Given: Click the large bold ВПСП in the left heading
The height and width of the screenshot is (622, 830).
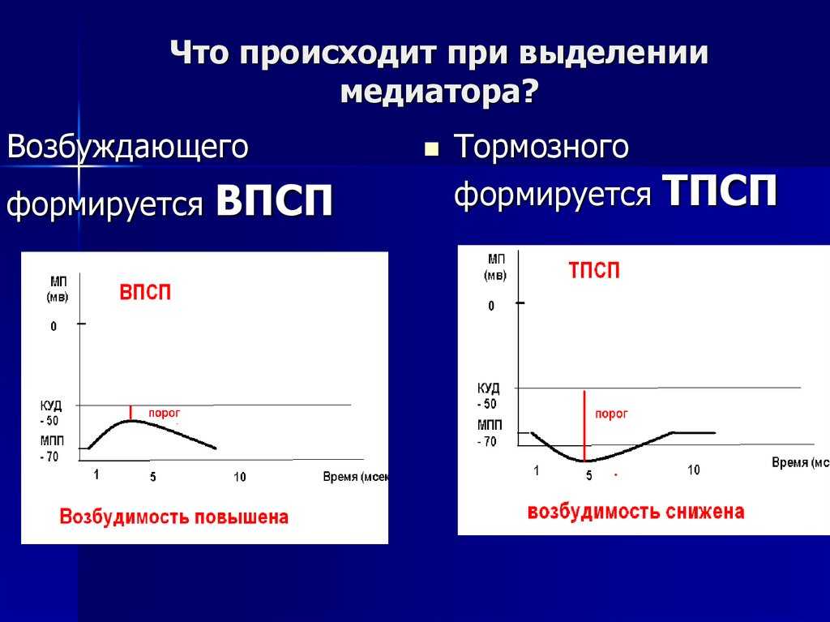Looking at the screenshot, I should tap(275, 201).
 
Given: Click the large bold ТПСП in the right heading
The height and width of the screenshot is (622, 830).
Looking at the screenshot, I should tap(720, 191).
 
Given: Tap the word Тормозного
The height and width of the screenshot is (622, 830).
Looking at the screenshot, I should tap(541, 148).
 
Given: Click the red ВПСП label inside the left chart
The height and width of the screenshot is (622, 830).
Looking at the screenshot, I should tap(146, 293).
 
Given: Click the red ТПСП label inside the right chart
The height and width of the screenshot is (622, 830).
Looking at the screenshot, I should tap(594, 271).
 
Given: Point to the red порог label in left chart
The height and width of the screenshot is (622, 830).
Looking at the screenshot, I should tap(164, 413).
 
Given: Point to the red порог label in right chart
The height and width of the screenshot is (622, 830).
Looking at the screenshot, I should tap(611, 414).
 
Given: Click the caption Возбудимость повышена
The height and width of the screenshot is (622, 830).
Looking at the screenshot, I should tap(173, 517).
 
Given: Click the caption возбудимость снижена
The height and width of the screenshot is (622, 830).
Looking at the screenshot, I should tap(635, 512).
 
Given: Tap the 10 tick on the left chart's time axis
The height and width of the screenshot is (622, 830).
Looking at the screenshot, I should tap(239, 477).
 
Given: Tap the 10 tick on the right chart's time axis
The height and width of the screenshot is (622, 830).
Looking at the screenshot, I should tap(694, 470).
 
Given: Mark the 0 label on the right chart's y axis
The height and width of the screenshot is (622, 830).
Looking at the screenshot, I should tap(490, 306).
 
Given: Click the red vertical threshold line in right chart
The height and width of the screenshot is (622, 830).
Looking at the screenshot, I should tap(584, 422).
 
